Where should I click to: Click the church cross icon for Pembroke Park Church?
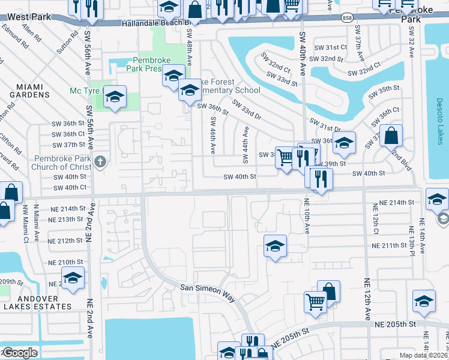pos(100,162)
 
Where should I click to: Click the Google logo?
pos(20,353)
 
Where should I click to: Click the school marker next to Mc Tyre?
pos(115,96)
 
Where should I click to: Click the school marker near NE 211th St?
pos(275,246)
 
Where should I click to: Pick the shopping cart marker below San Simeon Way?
pos(315,302)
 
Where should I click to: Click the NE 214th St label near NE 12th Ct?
pos(393,203)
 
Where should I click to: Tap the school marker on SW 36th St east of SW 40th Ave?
pos(344,143)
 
